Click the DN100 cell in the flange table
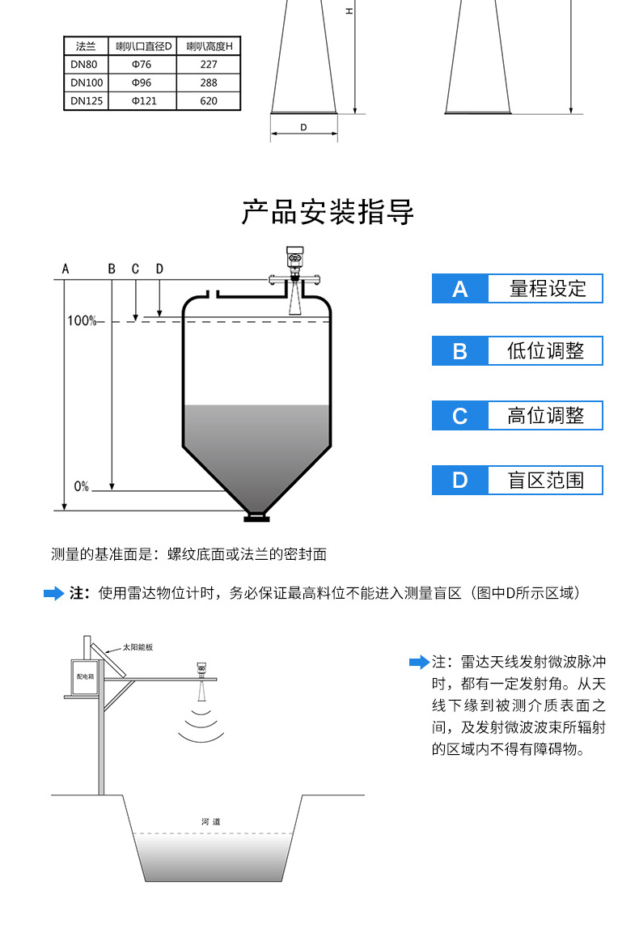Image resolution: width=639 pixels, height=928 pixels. click(87, 83)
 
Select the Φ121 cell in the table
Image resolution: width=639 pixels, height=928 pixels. click(143, 101)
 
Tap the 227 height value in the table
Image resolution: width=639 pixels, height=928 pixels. click(209, 64)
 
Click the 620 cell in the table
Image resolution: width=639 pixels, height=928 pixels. click(209, 101)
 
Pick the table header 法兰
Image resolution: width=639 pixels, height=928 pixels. click(87, 46)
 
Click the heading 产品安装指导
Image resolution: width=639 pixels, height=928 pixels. click(328, 212)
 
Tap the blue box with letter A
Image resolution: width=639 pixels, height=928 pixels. click(459, 289)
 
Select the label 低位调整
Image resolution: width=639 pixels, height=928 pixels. click(545, 351)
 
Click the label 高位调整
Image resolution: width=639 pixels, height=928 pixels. click(545, 416)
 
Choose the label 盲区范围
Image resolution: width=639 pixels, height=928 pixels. click(545, 480)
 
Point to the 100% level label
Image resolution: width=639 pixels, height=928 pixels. click(81, 321)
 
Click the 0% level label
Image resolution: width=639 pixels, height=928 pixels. click(81, 486)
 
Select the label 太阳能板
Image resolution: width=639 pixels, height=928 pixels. click(138, 648)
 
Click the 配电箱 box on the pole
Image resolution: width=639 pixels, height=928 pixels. click(84, 675)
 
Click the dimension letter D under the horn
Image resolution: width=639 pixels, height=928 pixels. click(303, 127)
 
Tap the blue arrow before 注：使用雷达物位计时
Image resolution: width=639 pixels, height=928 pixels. click(53, 594)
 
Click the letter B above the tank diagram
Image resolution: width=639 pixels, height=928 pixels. click(112, 269)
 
